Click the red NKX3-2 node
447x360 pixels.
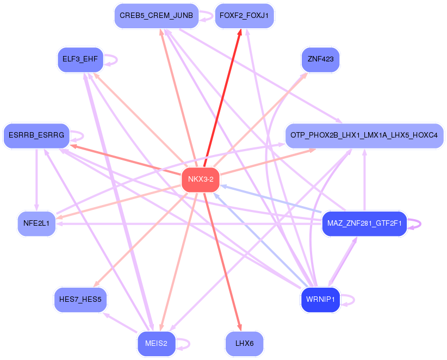coord(200,179)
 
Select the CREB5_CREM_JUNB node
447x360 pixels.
coord(156,16)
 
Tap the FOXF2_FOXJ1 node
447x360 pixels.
coord(244,16)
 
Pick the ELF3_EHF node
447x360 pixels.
coord(80,59)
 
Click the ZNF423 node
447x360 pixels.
coord(320,59)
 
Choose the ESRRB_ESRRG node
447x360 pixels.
coord(36,135)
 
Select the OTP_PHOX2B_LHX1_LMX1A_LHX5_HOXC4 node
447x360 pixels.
coord(364,135)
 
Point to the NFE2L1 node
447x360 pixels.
coord(36,223)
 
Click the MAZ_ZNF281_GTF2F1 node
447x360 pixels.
coord(364,223)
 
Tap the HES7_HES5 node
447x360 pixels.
coord(80,299)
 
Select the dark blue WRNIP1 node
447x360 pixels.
coord(320,299)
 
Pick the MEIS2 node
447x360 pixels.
coord(156,343)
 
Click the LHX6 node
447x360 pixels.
coord(244,343)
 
